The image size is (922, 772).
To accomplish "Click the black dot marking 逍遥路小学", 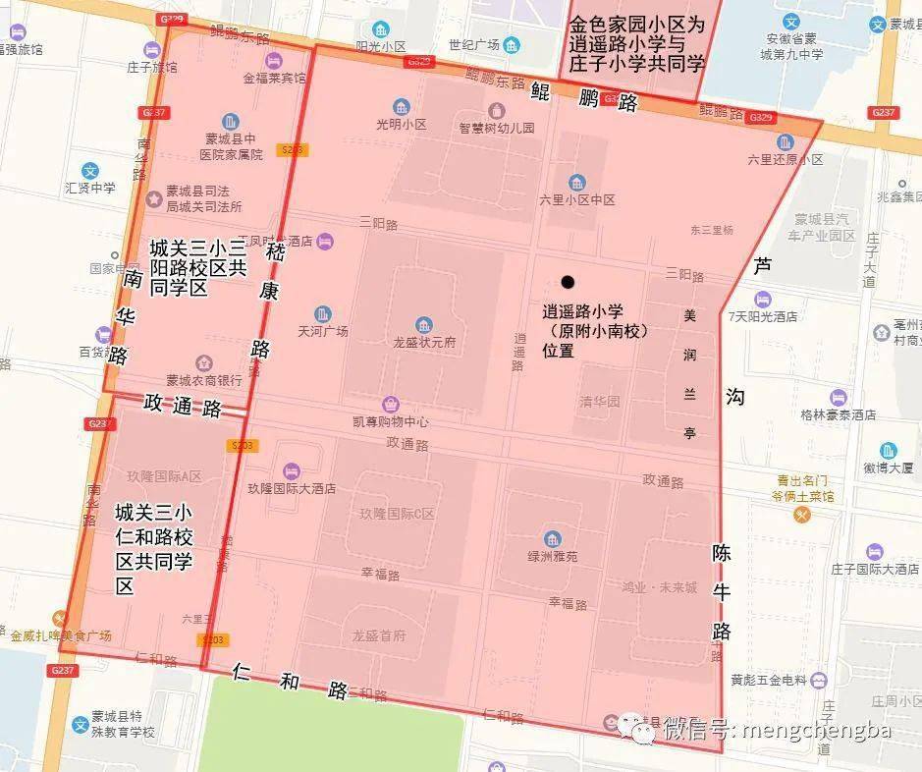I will coord(568,282).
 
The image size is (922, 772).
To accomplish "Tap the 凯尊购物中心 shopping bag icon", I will coord(391,404).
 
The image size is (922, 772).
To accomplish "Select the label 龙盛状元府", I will coord(424,343).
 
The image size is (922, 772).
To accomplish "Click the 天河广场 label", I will coord(323,331).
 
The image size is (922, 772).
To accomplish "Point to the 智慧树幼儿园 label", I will coord(497,127).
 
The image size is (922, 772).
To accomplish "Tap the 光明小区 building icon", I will coord(401,106).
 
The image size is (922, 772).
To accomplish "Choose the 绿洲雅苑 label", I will coord(553,555).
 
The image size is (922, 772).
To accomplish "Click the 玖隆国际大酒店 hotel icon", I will coord(291,470).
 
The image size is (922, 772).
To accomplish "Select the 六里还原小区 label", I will coord(785,159).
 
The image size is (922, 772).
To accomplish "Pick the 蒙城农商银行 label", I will coord(204,380).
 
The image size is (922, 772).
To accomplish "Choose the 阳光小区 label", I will coord(381,45).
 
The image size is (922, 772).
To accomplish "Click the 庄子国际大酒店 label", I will coord(874,569).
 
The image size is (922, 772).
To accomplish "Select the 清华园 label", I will coord(600,401).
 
